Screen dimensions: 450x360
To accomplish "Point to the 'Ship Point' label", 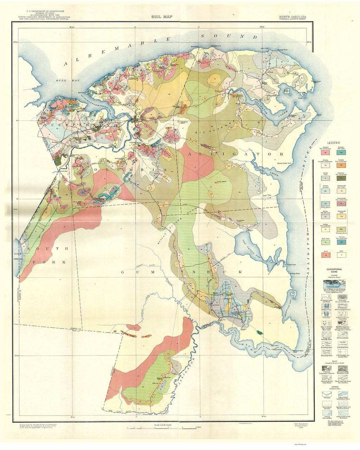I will click(195, 46).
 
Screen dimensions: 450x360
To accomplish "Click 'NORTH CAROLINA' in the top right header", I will click(292, 16).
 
